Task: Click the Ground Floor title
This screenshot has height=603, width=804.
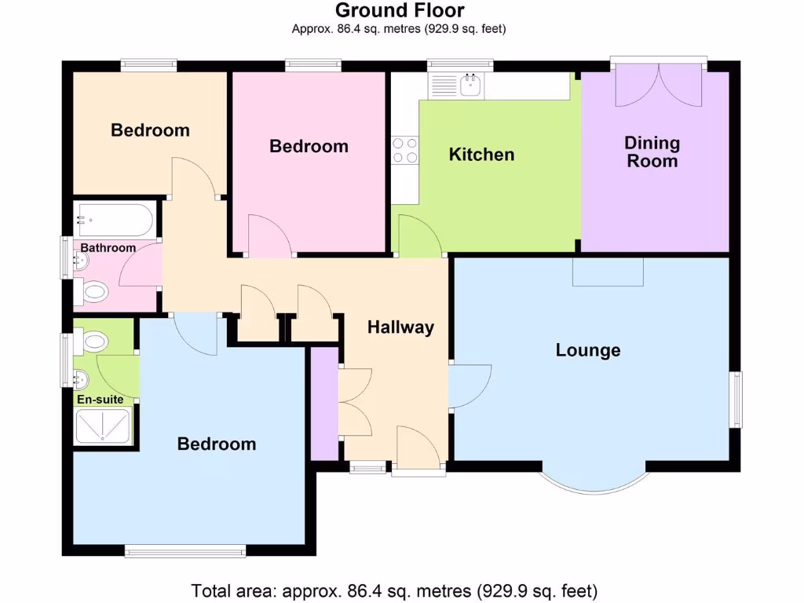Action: coord(400,10)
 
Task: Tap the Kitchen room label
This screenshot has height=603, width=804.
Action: coord(481,155)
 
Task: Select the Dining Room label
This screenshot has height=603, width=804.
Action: coord(652,152)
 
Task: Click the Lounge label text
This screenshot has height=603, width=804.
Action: coord(588,350)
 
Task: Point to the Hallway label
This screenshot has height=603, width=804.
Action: coord(400,327)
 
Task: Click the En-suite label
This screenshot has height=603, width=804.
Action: coord(100,400)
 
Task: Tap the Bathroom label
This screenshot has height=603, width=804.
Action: coord(108,248)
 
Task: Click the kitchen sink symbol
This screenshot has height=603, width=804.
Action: coord(471,84)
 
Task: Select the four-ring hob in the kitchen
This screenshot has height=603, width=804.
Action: coord(405,150)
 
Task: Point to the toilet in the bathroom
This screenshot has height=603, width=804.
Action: coord(93,294)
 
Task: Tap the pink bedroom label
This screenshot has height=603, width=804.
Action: coord(309,146)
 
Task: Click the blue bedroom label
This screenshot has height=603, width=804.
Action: coord(217,444)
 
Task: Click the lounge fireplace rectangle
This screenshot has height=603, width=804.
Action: coord(608,272)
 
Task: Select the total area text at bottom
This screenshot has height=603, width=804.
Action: coord(395,590)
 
